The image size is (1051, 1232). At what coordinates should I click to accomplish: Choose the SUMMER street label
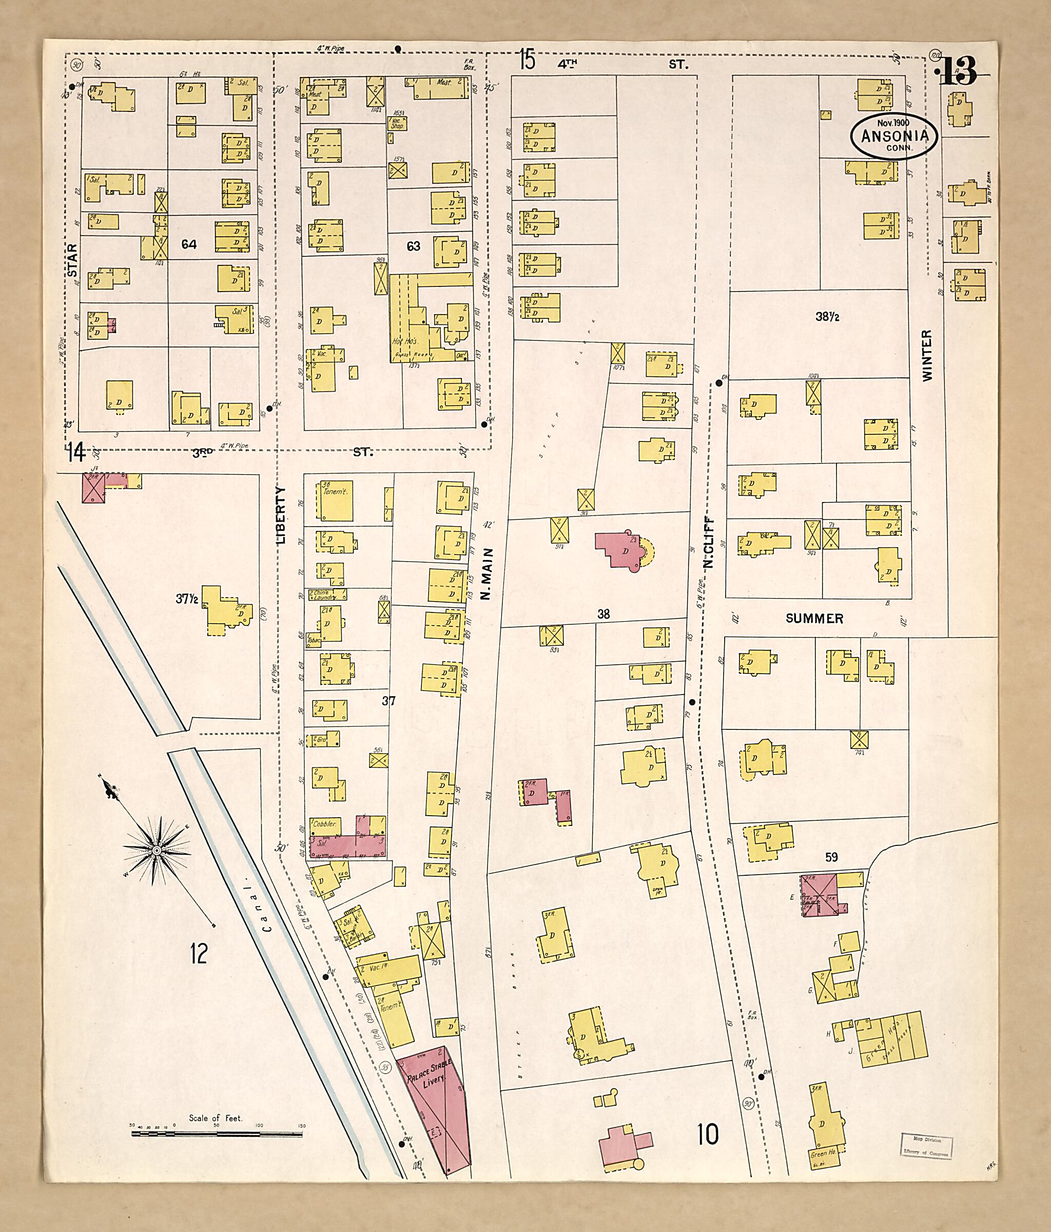[814, 619]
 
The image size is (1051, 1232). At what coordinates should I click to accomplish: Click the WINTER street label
[927, 356]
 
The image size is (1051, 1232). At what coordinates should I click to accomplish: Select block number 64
[189, 244]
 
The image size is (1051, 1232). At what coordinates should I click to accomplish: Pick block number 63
[413, 245]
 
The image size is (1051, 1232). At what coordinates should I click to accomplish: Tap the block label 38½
[827, 317]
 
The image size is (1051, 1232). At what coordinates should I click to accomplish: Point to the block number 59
[831, 857]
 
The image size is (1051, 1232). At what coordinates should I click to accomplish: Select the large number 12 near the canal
[199, 953]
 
